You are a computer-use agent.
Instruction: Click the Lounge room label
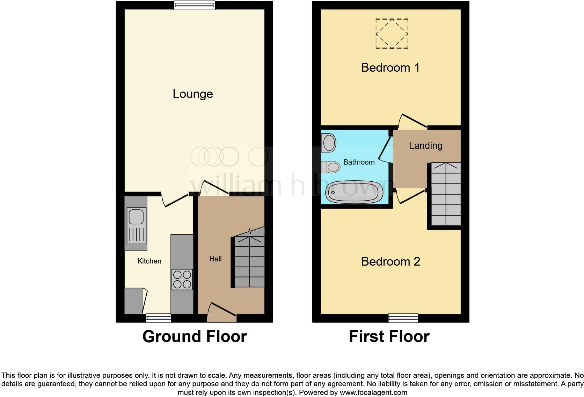click(193, 94)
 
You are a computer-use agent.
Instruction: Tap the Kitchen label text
click(149, 261)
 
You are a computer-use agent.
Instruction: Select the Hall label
click(216, 259)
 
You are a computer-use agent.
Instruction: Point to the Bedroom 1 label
click(390, 67)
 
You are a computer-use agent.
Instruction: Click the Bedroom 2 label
click(390, 261)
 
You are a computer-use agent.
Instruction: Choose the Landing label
click(425, 145)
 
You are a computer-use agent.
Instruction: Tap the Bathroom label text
click(359, 162)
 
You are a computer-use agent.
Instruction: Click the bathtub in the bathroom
click(354, 192)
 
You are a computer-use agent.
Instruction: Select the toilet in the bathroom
click(330, 167)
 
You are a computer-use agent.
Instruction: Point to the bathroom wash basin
click(329, 143)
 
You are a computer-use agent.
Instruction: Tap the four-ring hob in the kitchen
click(182, 279)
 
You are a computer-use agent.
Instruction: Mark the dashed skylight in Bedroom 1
click(392, 34)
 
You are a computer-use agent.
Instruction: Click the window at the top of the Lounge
click(195, 5)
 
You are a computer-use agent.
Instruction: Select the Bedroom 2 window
click(403, 318)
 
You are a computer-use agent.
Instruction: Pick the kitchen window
click(159, 318)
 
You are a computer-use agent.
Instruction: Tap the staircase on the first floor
click(446, 194)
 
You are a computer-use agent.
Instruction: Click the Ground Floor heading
click(195, 337)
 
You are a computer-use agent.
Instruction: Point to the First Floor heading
click(389, 337)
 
